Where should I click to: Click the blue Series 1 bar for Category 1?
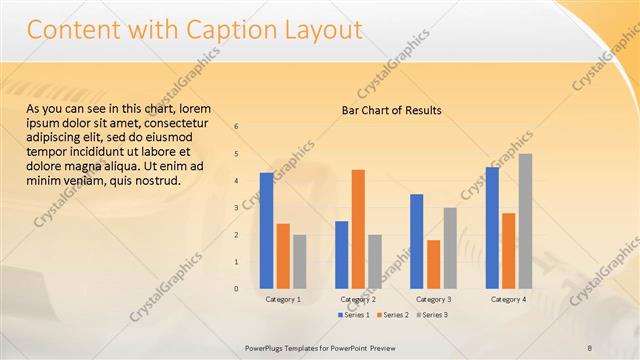(266, 231)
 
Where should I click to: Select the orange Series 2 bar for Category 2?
(358, 229)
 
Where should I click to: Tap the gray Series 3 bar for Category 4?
(525, 221)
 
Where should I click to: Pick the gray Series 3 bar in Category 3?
(450, 248)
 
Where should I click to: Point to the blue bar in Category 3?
(417, 241)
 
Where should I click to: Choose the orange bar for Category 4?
(508, 251)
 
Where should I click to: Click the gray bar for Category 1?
(299, 262)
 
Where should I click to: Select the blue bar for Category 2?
(342, 255)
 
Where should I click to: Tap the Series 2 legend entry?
(390, 315)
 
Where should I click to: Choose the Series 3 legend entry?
(431, 315)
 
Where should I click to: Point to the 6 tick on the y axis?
(236, 127)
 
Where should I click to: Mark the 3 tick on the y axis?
(236, 208)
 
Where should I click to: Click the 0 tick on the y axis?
(236, 289)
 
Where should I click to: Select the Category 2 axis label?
(358, 299)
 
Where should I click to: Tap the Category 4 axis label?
(508, 299)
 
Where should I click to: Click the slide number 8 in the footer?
(590, 346)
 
